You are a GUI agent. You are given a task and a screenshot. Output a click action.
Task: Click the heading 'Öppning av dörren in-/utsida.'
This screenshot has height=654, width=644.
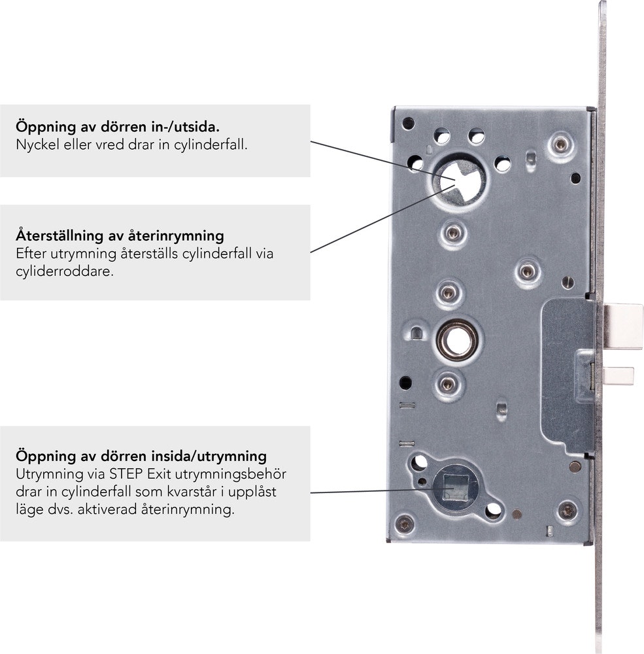pos(118,127)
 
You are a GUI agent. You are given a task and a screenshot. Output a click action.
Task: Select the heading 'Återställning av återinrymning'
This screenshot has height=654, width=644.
pos(120,235)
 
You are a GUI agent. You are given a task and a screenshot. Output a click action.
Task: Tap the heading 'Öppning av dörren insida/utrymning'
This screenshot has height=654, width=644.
pos(141,456)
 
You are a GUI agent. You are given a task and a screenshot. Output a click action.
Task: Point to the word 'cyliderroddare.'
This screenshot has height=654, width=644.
pos(65,271)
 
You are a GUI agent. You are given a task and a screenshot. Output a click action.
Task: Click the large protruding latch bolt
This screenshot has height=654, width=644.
pos(623,326)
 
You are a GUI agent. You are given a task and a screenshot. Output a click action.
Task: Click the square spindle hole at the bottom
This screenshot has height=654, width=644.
pos(454,487)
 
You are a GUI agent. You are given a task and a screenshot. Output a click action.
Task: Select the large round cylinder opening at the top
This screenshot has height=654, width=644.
pos(459,181)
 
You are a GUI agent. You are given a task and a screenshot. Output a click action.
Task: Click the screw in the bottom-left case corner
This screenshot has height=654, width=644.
pos(405,524)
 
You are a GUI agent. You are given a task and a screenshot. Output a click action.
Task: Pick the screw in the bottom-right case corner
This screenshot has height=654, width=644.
pos(568,510)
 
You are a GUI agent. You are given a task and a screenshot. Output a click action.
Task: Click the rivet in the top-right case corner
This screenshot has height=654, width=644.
pos(560,145)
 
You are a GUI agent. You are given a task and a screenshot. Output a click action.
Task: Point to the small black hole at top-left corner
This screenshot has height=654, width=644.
pos(408,124)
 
